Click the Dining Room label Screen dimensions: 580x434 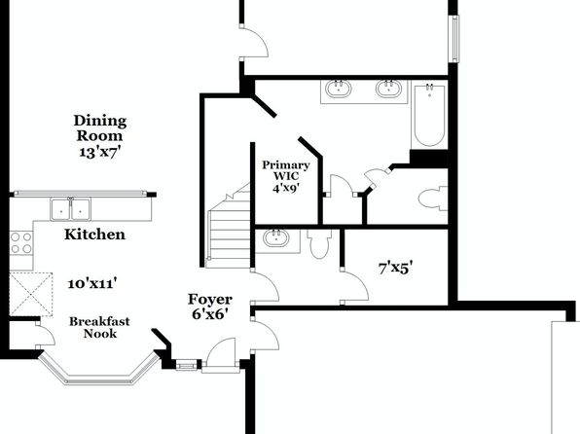pos(100,128)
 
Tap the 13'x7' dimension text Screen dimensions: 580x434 pos(100,152)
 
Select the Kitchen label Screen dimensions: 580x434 pos(94,235)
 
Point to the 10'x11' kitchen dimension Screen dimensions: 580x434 pos(92,284)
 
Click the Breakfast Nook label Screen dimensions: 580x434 pos(99,327)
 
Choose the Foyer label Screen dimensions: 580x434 pos(210,300)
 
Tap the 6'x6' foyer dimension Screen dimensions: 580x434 pos(209,314)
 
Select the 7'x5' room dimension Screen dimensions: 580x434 pos(395,268)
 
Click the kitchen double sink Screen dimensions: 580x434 pos(70,209)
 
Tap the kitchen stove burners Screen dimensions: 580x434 pos(21,242)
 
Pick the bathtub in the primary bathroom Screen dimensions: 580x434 pos(429,116)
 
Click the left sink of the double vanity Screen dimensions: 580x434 pos(339,89)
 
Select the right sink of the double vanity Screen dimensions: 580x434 pos(388,89)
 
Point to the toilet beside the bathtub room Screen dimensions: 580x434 pos(433,199)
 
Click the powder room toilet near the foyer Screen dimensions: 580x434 pos(319,244)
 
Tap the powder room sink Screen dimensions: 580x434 pos(276,237)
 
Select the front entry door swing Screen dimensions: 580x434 pos(221,352)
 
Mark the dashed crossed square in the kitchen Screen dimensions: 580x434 pos(31,295)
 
